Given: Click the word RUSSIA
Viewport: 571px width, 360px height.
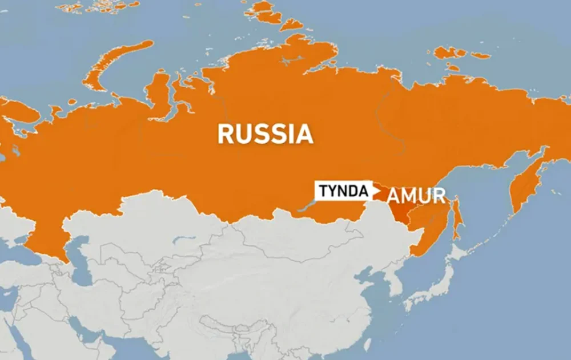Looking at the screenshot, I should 266,134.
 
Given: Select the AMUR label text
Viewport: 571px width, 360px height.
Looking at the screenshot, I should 416,196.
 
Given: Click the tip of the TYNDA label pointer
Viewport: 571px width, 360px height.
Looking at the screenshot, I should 380,191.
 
